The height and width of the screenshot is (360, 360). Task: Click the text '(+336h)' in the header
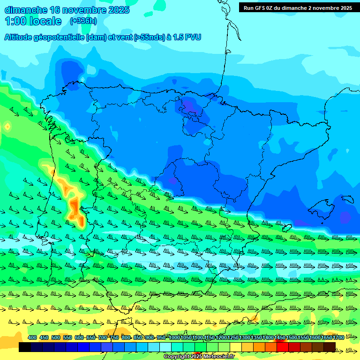pyautogui.click(x=83, y=21)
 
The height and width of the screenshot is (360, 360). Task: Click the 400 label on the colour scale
pyautogui.click(x=32, y=337)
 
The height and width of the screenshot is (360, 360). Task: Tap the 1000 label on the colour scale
pyautogui.click(x=174, y=337)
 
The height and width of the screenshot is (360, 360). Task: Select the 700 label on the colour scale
pyautogui.click(x=103, y=337)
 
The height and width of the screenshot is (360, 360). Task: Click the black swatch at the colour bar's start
pyautogui.click(x=24, y=347)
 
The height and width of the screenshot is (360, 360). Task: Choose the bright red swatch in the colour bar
pyautogui.click(x=283, y=347)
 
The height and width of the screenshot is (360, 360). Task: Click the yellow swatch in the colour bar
pyautogui.click(x=236, y=347)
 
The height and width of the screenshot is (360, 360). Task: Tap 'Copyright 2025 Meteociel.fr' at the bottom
pyautogui.click(x=199, y=357)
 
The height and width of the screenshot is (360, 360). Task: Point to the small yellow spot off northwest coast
pyautogui.click(x=7, y=126)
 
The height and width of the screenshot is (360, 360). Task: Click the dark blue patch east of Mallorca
pyautogui.click(x=345, y=217)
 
